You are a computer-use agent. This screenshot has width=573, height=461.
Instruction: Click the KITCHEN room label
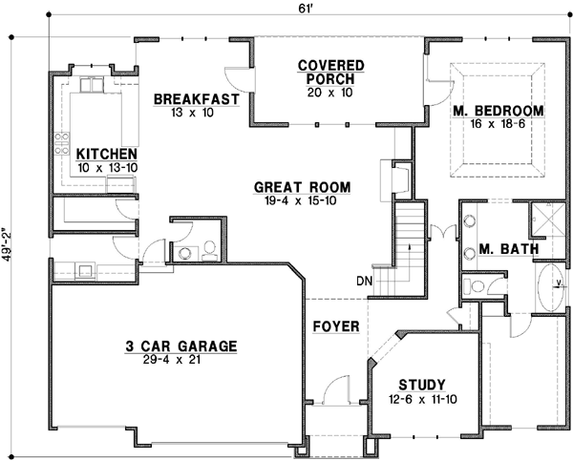[106, 154]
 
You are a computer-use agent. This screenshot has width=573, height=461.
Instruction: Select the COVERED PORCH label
[331, 73]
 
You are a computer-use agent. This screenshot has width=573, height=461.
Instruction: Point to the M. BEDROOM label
[497, 112]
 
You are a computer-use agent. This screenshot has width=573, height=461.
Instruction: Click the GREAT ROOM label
[301, 187]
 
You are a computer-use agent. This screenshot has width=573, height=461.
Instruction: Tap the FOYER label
[336, 327]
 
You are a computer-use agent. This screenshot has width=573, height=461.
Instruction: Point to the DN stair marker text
[364, 281]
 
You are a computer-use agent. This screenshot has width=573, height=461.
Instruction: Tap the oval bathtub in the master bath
[550, 286]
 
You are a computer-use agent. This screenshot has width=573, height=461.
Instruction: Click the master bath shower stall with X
[549, 219]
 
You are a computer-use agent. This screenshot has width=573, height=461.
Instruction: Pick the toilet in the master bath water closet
[472, 285]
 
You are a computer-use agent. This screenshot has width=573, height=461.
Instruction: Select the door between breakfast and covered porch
[234, 80]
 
